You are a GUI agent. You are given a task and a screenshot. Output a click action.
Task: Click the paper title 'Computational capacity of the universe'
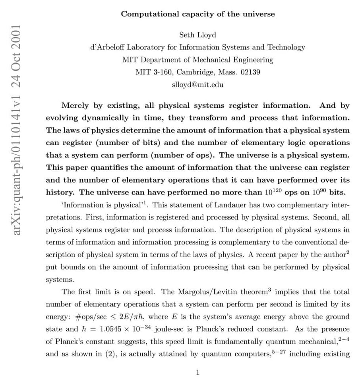[197, 14]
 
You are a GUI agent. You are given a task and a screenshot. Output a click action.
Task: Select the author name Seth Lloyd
[197, 35]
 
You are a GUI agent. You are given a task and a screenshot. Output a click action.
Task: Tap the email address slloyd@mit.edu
[197, 85]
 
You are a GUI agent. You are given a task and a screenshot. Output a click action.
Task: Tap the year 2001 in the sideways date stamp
[17, 40]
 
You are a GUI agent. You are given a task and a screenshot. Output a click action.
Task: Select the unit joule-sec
[173, 329]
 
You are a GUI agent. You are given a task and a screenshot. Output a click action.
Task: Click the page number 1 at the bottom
[197, 372]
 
